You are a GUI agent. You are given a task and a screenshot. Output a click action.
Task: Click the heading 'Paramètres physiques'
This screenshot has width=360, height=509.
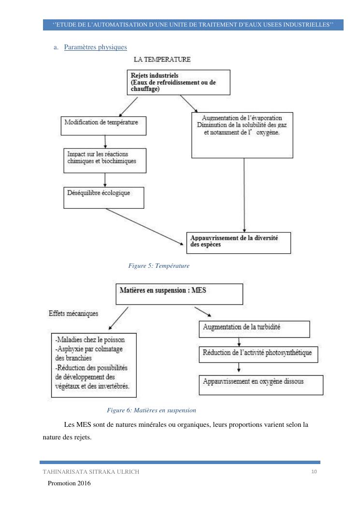pos(96,47)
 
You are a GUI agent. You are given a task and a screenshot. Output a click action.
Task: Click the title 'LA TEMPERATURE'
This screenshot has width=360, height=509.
pos(162,59)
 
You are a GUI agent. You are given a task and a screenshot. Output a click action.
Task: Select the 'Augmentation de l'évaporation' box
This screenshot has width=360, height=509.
pos(243,134)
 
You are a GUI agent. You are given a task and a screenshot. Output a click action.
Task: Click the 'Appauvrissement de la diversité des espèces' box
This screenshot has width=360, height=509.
pos(239,242)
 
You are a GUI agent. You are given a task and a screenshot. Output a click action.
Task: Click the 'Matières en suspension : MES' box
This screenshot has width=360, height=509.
pos(179,294)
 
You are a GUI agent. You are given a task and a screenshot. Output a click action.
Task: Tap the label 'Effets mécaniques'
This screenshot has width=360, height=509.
pos(73,313)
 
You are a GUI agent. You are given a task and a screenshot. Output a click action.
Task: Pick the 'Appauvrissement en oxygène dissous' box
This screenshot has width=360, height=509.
pos(254,385)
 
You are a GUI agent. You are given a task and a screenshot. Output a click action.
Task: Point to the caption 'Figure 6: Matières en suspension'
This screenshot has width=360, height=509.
pos(151,410)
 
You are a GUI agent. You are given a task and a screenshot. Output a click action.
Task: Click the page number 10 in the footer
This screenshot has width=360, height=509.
pos(314,471)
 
